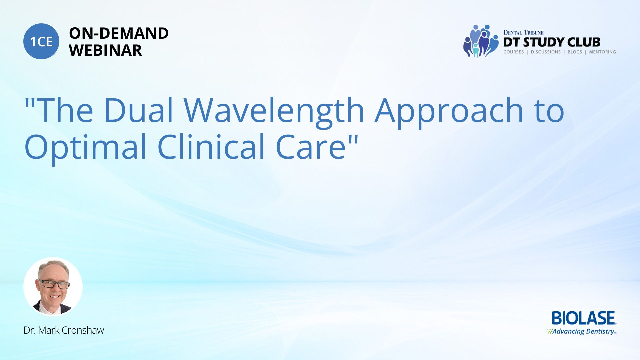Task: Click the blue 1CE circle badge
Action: pyautogui.click(x=41, y=41)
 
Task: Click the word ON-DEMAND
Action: pyautogui.click(x=119, y=33)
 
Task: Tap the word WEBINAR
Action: pyautogui.click(x=105, y=50)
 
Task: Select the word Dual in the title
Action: pyautogui.click(x=139, y=110)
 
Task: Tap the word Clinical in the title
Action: pyautogui.click(x=211, y=146)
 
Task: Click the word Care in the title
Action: pyautogui.click(x=311, y=147)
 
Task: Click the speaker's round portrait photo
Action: pyautogui.click(x=53, y=287)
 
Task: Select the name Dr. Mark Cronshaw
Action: pyautogui.click(x=64, y=330)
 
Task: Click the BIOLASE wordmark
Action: pyautogui.click(x=584, y=318)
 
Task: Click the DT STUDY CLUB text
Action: pyautogui.click(x=552, y=42)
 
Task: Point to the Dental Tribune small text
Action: pyautogui.click(x=523, y=33)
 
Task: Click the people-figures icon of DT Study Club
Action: pyautogui.click(x=481, y=41)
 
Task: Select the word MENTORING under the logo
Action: pyautogui.click(x=602, y=52)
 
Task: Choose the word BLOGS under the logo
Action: pyautogui.click(x=575, y=52)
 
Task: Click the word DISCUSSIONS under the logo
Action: pyautogui.click(x=546, y=52)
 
